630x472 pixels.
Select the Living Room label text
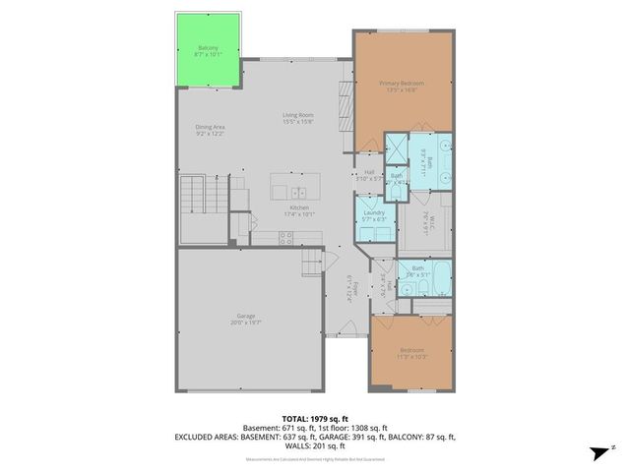click(x=297, y=117)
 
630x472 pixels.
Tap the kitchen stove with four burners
click(x=286, y=236)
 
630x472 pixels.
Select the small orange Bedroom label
click(x=411, y=352)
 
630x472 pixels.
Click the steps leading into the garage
click(x=312, y=264)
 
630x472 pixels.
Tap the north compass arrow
click(x=597, y=451)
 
